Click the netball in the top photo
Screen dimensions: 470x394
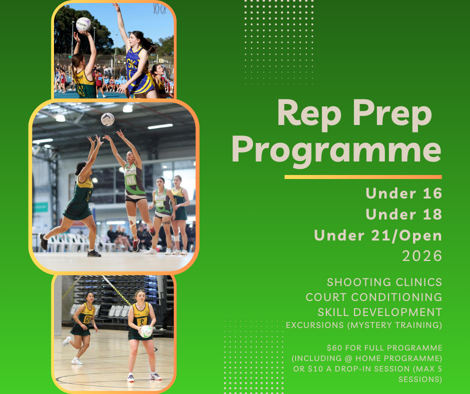click(83, 24)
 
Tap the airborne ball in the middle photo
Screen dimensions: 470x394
click(107, 119)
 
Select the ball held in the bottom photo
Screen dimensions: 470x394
click(146, 331)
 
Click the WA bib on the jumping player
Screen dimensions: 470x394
click(130, 180)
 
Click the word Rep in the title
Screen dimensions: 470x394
click(309, 114)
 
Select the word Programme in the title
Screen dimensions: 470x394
click(336, 149)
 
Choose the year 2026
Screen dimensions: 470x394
click(422, 256)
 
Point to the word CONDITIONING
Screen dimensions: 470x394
click(396, 297)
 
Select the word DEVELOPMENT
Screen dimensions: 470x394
click(397, 312)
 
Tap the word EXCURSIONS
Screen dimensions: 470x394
click(314, 325)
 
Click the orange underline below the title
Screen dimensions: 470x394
click(363, 177)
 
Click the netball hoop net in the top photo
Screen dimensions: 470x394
click(159, 8)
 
